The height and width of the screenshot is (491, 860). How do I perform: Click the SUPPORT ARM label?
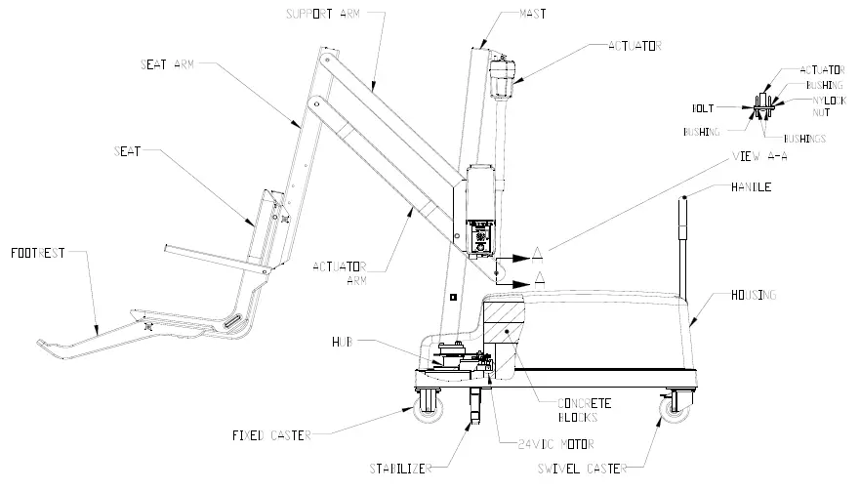click(x=323, y=14)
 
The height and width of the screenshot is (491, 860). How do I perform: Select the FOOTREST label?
click(x=38, y=253)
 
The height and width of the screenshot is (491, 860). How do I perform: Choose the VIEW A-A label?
click(x=758, y=156)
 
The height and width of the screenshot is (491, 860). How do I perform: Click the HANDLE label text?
click(x=750, y=186)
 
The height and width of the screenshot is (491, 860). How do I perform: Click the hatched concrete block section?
click(x=507, y=323)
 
